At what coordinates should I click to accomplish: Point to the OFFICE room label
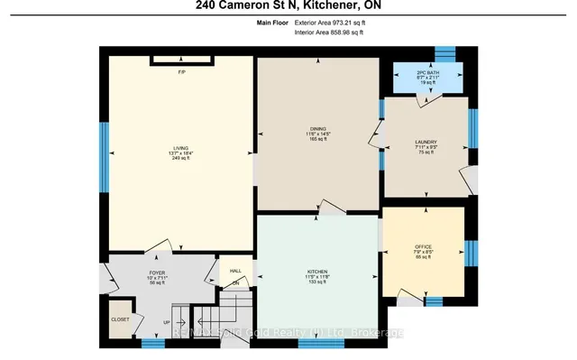pos(424,246)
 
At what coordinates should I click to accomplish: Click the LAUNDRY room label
pos(426,143)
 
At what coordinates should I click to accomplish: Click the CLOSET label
pos(120,319)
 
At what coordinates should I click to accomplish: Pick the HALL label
pos(236,270)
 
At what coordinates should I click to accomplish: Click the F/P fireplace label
pos(181,71)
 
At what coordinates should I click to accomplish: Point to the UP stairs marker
pos(165,322)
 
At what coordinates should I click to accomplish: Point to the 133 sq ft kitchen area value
pos(316,282)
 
